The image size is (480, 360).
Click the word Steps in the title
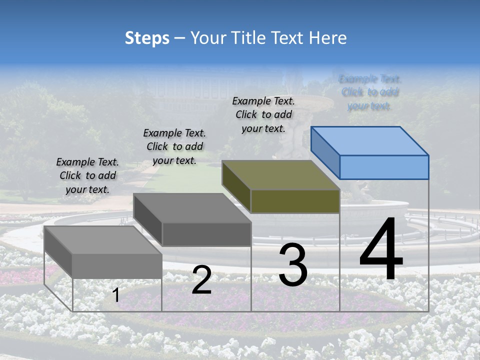[x=147, y=38]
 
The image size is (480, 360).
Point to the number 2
[x=201, y=280]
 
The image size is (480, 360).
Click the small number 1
[x=116, y=295]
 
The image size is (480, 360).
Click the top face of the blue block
[x=369, y=140]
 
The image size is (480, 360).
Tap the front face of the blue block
[x=384, y=167]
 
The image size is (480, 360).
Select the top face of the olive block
[x=280, y=174]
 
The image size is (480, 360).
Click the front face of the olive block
[x=295, y=201]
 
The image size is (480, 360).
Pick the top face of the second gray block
[x=191, y=207]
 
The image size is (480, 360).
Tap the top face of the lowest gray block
[x=102, y=240]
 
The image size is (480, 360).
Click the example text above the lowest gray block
[x=87, y=176]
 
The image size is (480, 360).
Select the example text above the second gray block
[x=174, y=146]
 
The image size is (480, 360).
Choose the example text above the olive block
[x=263, y=114]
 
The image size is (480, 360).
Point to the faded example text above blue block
[x=369, y=92]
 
